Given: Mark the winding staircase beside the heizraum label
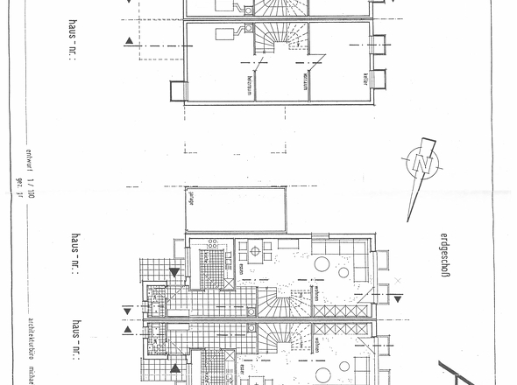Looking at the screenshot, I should [280, 44].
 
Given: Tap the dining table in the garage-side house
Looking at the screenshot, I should [256, 252].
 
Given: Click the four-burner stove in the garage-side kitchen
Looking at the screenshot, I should [210, 246].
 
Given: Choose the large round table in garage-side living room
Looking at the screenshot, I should [322, 263].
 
